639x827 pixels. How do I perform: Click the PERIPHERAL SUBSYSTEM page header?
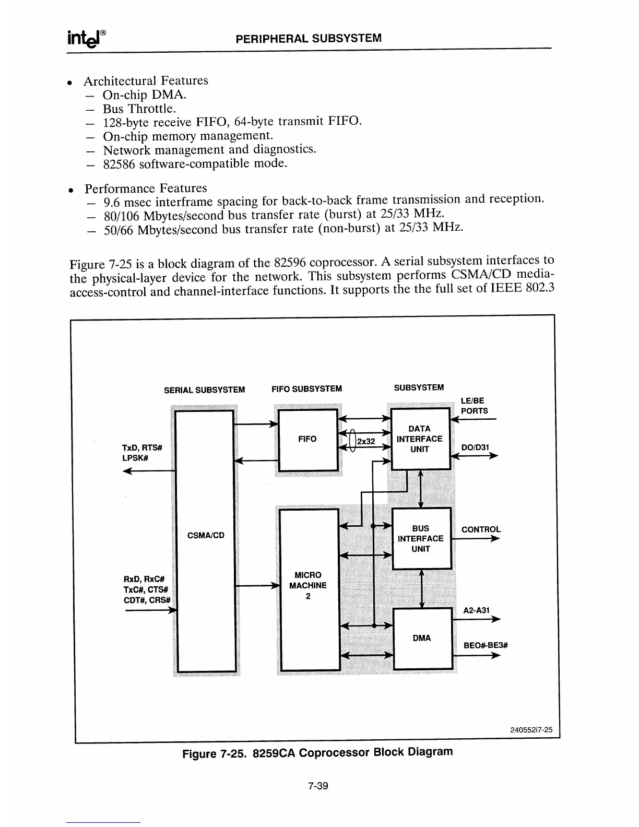309,38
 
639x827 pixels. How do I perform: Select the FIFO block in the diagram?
307,439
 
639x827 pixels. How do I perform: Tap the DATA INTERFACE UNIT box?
420,439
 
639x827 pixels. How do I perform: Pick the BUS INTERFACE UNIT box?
421,538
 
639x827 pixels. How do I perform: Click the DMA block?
422,638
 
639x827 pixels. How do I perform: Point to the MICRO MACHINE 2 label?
308,585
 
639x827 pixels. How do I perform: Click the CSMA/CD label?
206,535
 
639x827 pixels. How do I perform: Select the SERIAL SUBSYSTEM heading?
204,390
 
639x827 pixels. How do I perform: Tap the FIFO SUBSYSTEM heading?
307,389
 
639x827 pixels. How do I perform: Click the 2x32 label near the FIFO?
366,442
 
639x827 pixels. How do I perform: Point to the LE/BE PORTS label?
474,406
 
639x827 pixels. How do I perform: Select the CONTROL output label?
481,529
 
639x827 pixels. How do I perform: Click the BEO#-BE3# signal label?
486,645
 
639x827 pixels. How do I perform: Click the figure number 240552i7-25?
531,730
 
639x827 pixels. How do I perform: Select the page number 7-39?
317,786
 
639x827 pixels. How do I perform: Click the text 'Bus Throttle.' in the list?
139,109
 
